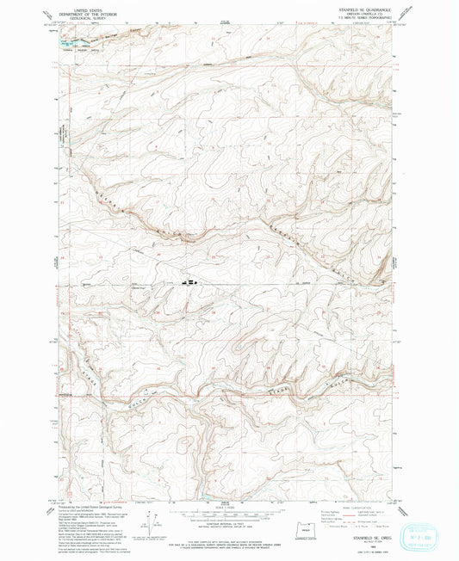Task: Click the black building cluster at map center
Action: (189, 280)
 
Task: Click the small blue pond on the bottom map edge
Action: (207, 496)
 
